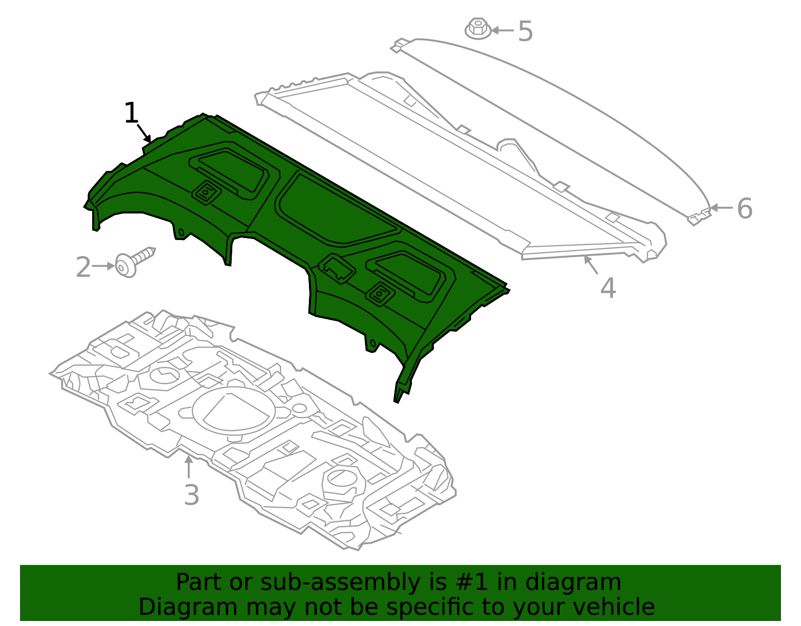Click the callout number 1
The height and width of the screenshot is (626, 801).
point(131,113)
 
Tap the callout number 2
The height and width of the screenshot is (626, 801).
point(83,267)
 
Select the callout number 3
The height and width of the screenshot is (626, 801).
point(191,495)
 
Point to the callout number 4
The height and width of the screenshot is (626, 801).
point(608,288)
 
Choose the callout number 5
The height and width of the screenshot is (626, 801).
point(525,32)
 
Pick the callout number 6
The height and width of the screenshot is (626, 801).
point(744,208)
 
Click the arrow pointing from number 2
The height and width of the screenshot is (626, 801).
point(104,266)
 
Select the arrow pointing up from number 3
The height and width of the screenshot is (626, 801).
point(188,467)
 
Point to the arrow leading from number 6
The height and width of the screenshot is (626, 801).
point(721,207)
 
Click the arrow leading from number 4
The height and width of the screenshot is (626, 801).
point(591,265)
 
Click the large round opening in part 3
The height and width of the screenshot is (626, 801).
point(233,409)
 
